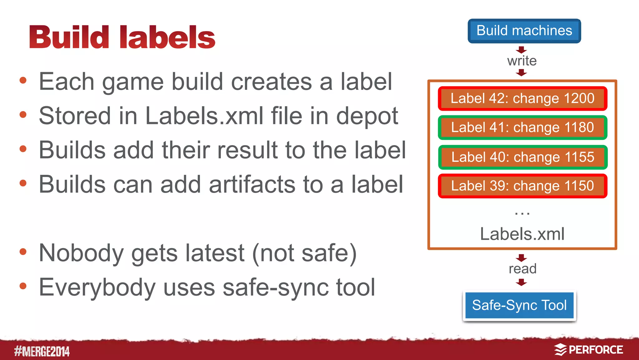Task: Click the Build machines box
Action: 524,31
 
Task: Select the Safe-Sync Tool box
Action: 519,305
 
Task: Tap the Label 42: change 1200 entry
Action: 522,99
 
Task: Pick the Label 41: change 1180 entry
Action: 522,128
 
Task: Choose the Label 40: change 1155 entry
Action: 522,157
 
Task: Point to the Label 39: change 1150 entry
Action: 522,186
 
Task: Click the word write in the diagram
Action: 522,61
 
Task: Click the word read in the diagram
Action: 522,269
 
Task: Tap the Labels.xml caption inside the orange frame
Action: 522,234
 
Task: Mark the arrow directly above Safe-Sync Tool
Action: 521,283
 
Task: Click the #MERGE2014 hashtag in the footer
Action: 42,351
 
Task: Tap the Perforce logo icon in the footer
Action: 560,350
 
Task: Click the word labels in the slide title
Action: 167,37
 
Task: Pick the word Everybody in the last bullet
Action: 97,288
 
